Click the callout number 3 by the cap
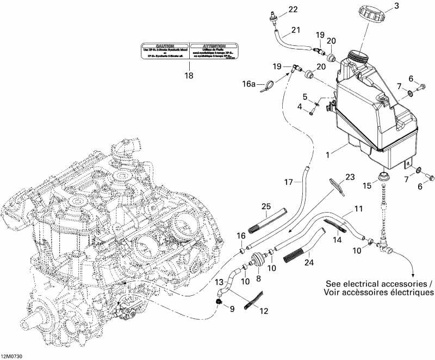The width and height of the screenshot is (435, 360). coord(412,6)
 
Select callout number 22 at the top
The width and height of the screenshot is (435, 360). coord(278,9)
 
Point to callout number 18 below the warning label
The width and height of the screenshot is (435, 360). coord(189,76)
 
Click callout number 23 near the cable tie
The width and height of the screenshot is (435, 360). coord(350,177)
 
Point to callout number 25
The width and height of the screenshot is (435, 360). coord(265,206)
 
